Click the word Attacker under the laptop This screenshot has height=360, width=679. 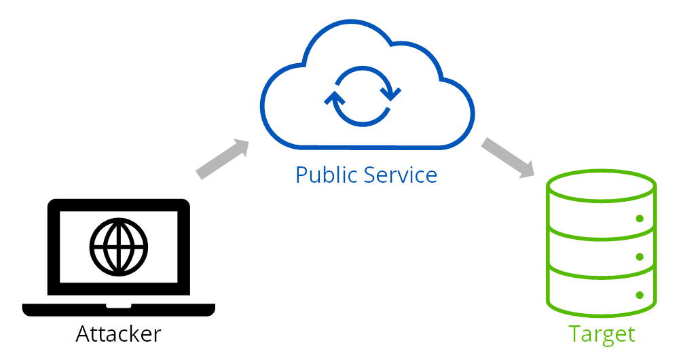click(x=118, y=334)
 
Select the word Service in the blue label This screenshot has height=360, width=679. click(x=401, y=175)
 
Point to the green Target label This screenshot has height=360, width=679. click(x=602, y=334)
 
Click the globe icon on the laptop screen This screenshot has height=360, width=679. click(x=119, y=247)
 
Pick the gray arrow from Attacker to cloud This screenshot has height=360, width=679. click(x=223, y=159)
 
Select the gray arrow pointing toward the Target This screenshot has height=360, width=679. click(x=508, y=158)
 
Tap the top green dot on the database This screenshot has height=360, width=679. click(x=640, y=218)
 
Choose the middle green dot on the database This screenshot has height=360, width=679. click(x=640, y=257)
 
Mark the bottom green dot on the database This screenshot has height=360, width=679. click(x=640, y=295)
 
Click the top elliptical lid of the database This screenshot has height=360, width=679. click(x=602, y=170)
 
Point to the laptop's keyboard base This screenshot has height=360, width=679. click(x=119, y=310)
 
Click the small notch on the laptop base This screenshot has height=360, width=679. click(x=119, y=306)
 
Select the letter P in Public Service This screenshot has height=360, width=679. click(x=302, y=175)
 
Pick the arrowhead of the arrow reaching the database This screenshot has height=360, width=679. click(x=527, y=169)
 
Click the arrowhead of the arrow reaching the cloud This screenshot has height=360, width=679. click(x=242, y=147)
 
